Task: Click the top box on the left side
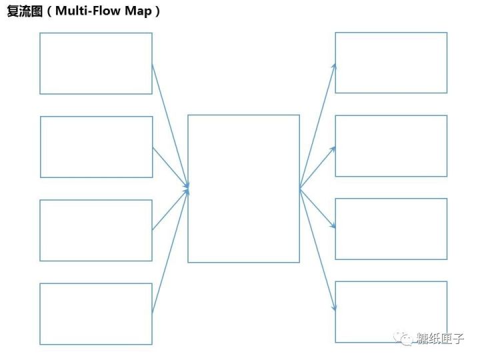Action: pyautogui.click(x=96, y=63)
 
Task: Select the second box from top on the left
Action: pyautogui.click(x=96, y=147)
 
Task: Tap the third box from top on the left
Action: pyautogui.click(x=96, y=230)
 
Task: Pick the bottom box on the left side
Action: pyautogui.click(x=96, y=313)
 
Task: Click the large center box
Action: pyautogui.click(x=243, y=189)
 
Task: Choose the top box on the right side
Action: pyautogui.click(x=391, y=63)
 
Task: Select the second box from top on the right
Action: pyautogui.click(x=391, y=146)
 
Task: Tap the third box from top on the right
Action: pyautogui.click(x=391, y=229)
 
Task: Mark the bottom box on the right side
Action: pyautogui.click(x=391, y=312)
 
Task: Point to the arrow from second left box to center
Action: pyautogui.click(x=170, y=166)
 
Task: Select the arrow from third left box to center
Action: pyautogui.click(x=170, y=210)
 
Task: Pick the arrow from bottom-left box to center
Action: pyautogui.click(x=170, y=252)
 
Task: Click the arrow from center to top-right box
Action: pyautogui.click(x=317, y=125)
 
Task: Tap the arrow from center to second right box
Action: pyautogui.click(x=317, y=167)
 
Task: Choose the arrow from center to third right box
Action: pyautogui.click(x=317, y=208)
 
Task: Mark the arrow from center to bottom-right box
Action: pyautogui.click(x=317, y=249)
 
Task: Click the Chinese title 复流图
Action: pyautogui.click(x=23, y=12)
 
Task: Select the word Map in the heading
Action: pyautogui.click(x=138, y=12)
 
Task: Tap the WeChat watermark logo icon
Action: pyautogui.click(x=405, y=338)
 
